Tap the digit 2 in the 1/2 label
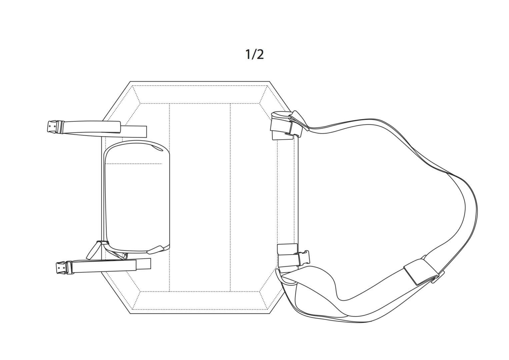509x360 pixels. coord(260,55)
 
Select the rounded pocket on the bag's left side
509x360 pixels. coord(137,197)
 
